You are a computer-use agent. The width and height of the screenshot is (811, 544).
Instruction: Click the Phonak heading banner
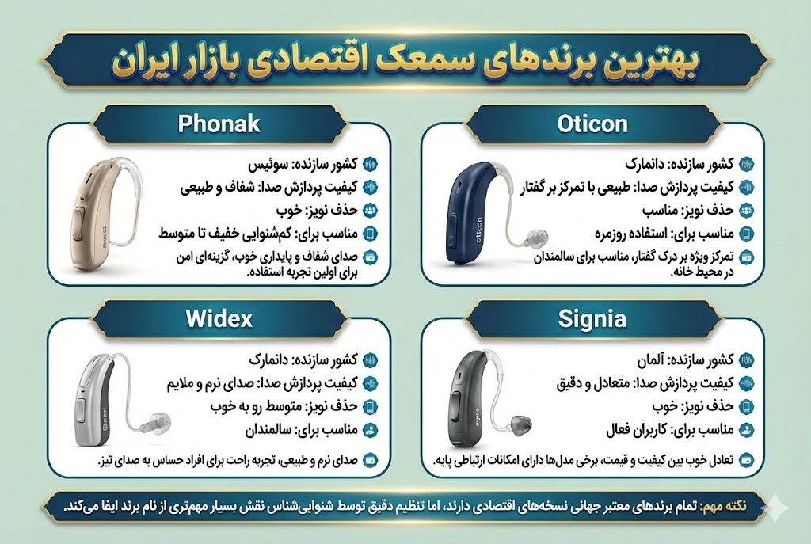[219, 124]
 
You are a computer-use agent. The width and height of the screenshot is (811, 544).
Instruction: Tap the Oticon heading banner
[593, 124]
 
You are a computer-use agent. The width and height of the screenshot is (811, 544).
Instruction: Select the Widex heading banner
[219, 319]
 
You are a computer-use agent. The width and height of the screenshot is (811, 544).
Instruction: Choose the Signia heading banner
[593, 319]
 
